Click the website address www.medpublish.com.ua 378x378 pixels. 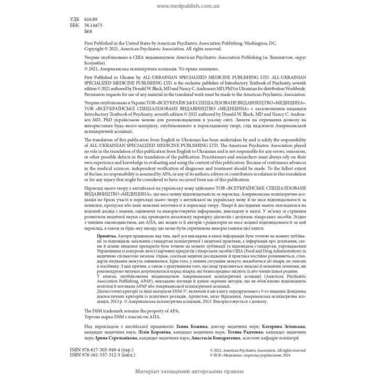(x=188, y=6)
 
